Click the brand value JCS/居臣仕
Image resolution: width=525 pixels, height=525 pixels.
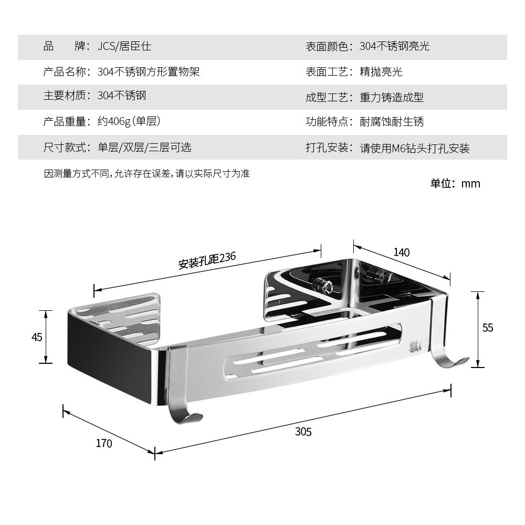click(x=124, y=46)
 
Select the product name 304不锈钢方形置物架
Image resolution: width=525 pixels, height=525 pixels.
click(x=149, y=71)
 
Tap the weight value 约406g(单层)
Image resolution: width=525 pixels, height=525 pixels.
click(x=129, y=122)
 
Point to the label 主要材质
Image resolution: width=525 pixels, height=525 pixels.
click(x=65, y=96)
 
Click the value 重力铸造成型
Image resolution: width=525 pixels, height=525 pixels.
click(x=392, y=97)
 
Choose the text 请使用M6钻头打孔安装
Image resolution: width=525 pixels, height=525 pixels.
click(x=414, y=148)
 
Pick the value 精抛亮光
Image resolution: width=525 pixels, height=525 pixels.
click(x=381, y=71)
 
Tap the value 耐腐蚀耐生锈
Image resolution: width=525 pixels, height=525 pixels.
click(x=392, y=122)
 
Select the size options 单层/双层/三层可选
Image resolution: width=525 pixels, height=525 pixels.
click(x=144, y=147)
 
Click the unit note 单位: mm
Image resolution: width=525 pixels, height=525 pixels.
click(x=455, y=183)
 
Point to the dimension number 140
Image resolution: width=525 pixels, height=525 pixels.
click(x=402, y=252)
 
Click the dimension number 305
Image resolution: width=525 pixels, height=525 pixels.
click(x=303, y=432)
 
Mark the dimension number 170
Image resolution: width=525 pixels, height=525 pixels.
click(x=104, y=443)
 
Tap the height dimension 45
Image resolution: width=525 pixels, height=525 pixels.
click(x=36, y=337)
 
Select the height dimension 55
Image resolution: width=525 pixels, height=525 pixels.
click(x=488, y=328)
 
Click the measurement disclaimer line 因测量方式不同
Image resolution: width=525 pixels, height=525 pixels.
click(x=146, y=173)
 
